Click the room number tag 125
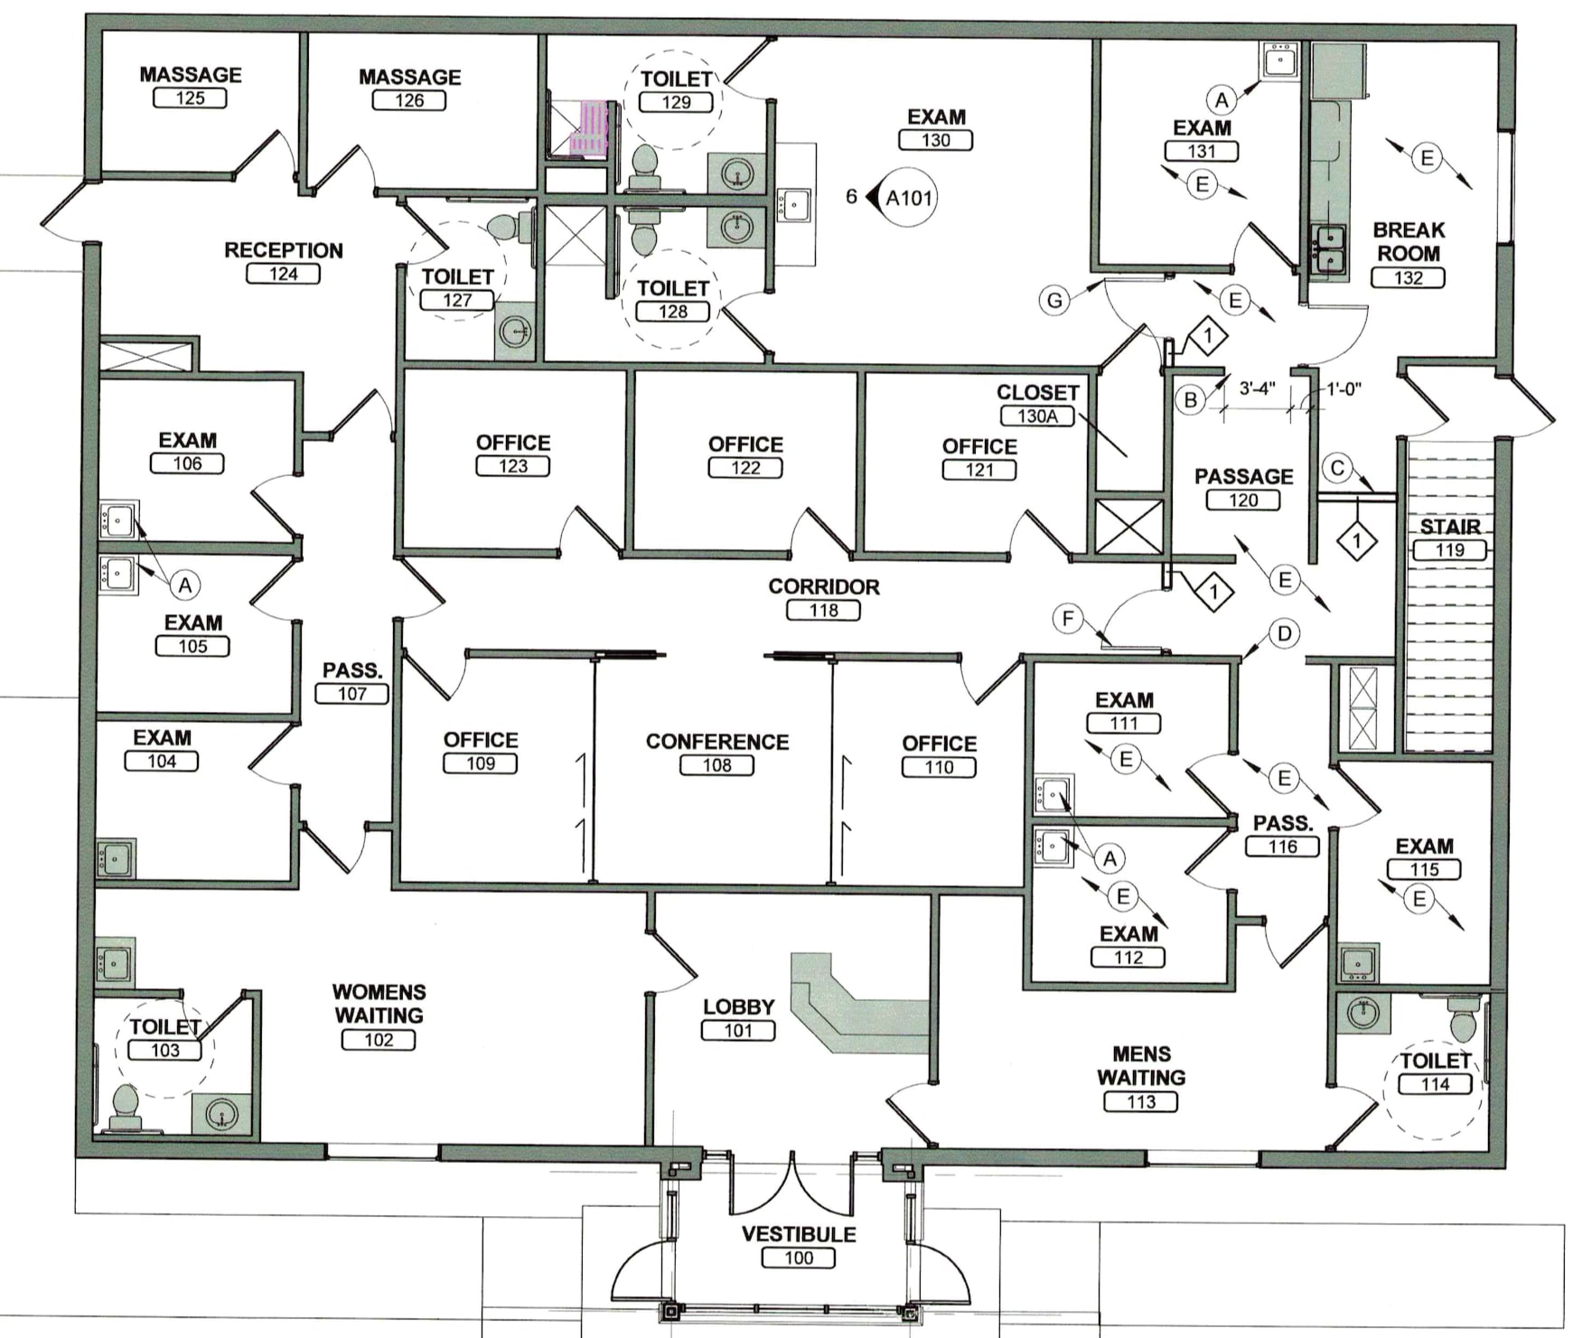190,98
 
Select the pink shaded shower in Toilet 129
592,128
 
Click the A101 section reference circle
908,198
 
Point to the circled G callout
1054,299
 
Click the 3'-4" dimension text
1256,388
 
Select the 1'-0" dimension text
1344,388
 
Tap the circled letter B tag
1191,399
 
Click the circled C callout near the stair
1337,468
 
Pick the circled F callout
1068,619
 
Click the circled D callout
1284,633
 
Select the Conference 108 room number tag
716,765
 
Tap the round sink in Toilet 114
1362,1013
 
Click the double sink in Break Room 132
1328,249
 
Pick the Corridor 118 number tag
823,611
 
